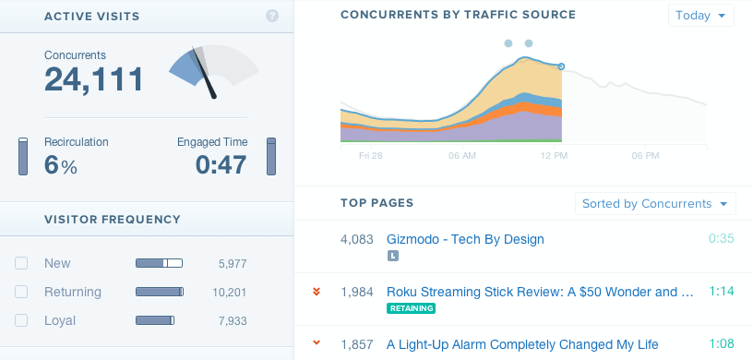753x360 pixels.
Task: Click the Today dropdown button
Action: click(700, 16)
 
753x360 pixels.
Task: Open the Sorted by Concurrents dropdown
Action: click(654, 204)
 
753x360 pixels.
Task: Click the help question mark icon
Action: click(272, 16)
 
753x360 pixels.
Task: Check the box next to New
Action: click(21, 264)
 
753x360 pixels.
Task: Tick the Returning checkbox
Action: click(21, 293)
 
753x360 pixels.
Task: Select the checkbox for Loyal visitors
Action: click(21, 321)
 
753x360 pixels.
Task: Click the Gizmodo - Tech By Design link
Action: click(465, 239)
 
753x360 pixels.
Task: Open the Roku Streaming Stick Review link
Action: click(540, 292)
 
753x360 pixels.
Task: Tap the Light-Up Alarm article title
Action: click(522, 344)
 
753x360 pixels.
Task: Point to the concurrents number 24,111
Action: click(94, 79)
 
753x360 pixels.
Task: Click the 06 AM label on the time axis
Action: click(461, 156)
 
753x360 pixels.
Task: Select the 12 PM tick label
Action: click(553, 156)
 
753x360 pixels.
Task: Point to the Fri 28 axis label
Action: click(370, 156)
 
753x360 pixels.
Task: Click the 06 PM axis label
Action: click(644, 156)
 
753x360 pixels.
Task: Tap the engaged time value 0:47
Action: click(221, 165)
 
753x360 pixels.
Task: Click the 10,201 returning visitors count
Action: click(229, 293)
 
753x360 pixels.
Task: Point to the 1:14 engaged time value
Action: click(722, 292)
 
